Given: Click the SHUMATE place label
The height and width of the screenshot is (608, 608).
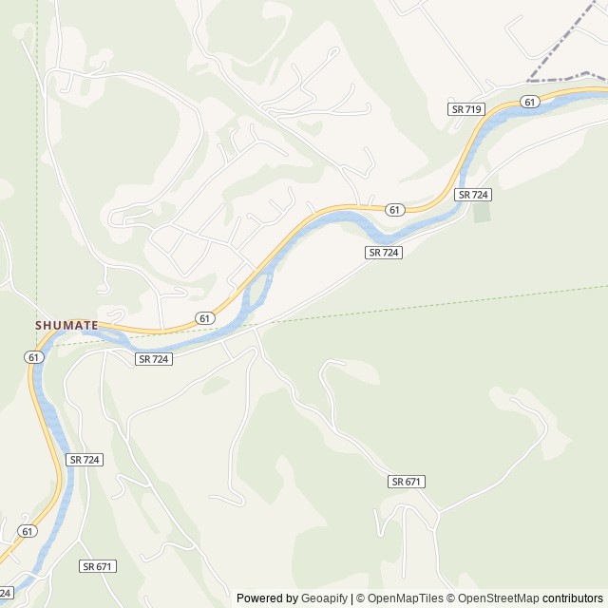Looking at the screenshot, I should click(x=66, y=325).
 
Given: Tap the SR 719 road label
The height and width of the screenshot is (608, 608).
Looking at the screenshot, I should click(x=466, y=109).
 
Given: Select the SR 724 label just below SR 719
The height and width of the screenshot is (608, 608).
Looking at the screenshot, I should click(x=472, y=194).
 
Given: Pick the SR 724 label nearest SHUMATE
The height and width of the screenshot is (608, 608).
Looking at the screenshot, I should click(x=153, y=359).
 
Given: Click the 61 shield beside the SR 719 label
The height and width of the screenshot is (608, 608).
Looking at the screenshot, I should click(x=530, y=102).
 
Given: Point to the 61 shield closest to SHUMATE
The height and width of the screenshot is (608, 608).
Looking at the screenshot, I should click(x=34, y=357).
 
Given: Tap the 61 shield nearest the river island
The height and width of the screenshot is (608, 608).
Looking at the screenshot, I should click(x=203, y=317).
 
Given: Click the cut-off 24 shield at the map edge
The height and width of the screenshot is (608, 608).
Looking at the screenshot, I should click(x=5, y=593).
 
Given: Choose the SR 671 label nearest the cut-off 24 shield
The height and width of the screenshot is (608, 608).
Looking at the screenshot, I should click(x=97, y=566).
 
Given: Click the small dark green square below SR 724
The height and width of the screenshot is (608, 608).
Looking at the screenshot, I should click(x=483, y=212).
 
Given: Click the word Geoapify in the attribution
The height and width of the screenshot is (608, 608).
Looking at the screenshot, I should click(x=323, y=598).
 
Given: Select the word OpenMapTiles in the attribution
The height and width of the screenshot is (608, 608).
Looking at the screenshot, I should click(x=406, y=598).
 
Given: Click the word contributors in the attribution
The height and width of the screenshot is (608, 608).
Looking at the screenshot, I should click(x=573, y=598).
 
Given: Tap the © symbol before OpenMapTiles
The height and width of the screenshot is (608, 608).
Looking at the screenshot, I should click(x=361, y=598).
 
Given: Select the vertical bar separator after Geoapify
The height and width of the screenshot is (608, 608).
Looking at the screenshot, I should click(x=351, y=598).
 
